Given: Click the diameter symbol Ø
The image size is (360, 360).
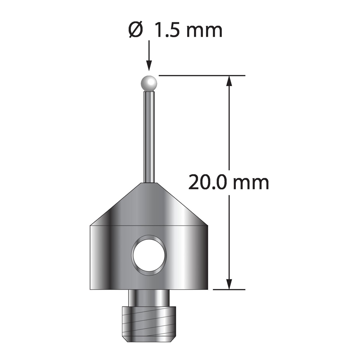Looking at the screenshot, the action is tap(135, 30).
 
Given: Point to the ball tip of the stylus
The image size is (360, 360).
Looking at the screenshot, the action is tap(149, 83).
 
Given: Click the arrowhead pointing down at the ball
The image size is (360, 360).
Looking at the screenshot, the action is tap(149, 66).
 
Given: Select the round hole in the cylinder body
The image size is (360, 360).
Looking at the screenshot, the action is tap(149, 255).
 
